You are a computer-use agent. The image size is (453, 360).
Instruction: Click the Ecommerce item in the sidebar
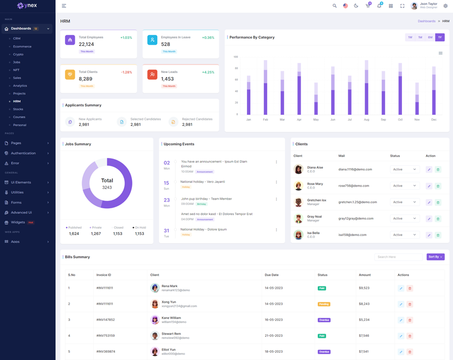pyautogui.click(x=22, y=46)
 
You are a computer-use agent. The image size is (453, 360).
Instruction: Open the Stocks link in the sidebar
pyautogui.click(x=18, y=109)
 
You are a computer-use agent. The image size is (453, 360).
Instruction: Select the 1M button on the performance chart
pyautogui.click(x=420, y=37)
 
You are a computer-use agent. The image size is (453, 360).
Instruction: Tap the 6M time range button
pyautogui.click(x=430, y=37)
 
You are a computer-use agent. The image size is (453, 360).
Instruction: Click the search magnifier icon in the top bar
pyautogui.click(x=335, y=6)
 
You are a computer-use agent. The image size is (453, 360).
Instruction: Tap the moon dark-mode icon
pyautogui.click(x=356, y=6)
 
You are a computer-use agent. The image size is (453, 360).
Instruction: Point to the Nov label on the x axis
pyautogui.click(x=417, y=119)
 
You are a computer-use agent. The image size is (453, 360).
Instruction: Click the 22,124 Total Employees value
pyautogui.click(x=87, y=44)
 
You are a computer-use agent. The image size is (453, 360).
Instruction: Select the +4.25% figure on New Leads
pyautogui.click(x=208, y=72)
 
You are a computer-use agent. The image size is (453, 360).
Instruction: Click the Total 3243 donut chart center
pyautogui.click(x=107, y=183)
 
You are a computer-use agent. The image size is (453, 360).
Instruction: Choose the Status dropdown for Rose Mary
pyautogui.click(x=404, y=186)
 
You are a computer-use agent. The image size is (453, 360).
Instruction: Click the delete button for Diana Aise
pyautogui.click(x=438, y=169)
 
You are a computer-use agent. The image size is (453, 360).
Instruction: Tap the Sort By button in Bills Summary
pyautogui.click(x=435, y=257)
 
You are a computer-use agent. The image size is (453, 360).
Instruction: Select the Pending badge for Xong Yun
pyautogui.click(x=324, y=304)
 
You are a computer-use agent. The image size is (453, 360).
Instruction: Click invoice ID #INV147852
pyautogui.click(x=105, y=320)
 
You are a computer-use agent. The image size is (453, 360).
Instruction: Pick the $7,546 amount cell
pyautogui.click(x=364, y=336)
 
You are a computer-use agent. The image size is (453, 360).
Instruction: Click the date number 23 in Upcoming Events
pyautogui.click(x=166, y=200)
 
